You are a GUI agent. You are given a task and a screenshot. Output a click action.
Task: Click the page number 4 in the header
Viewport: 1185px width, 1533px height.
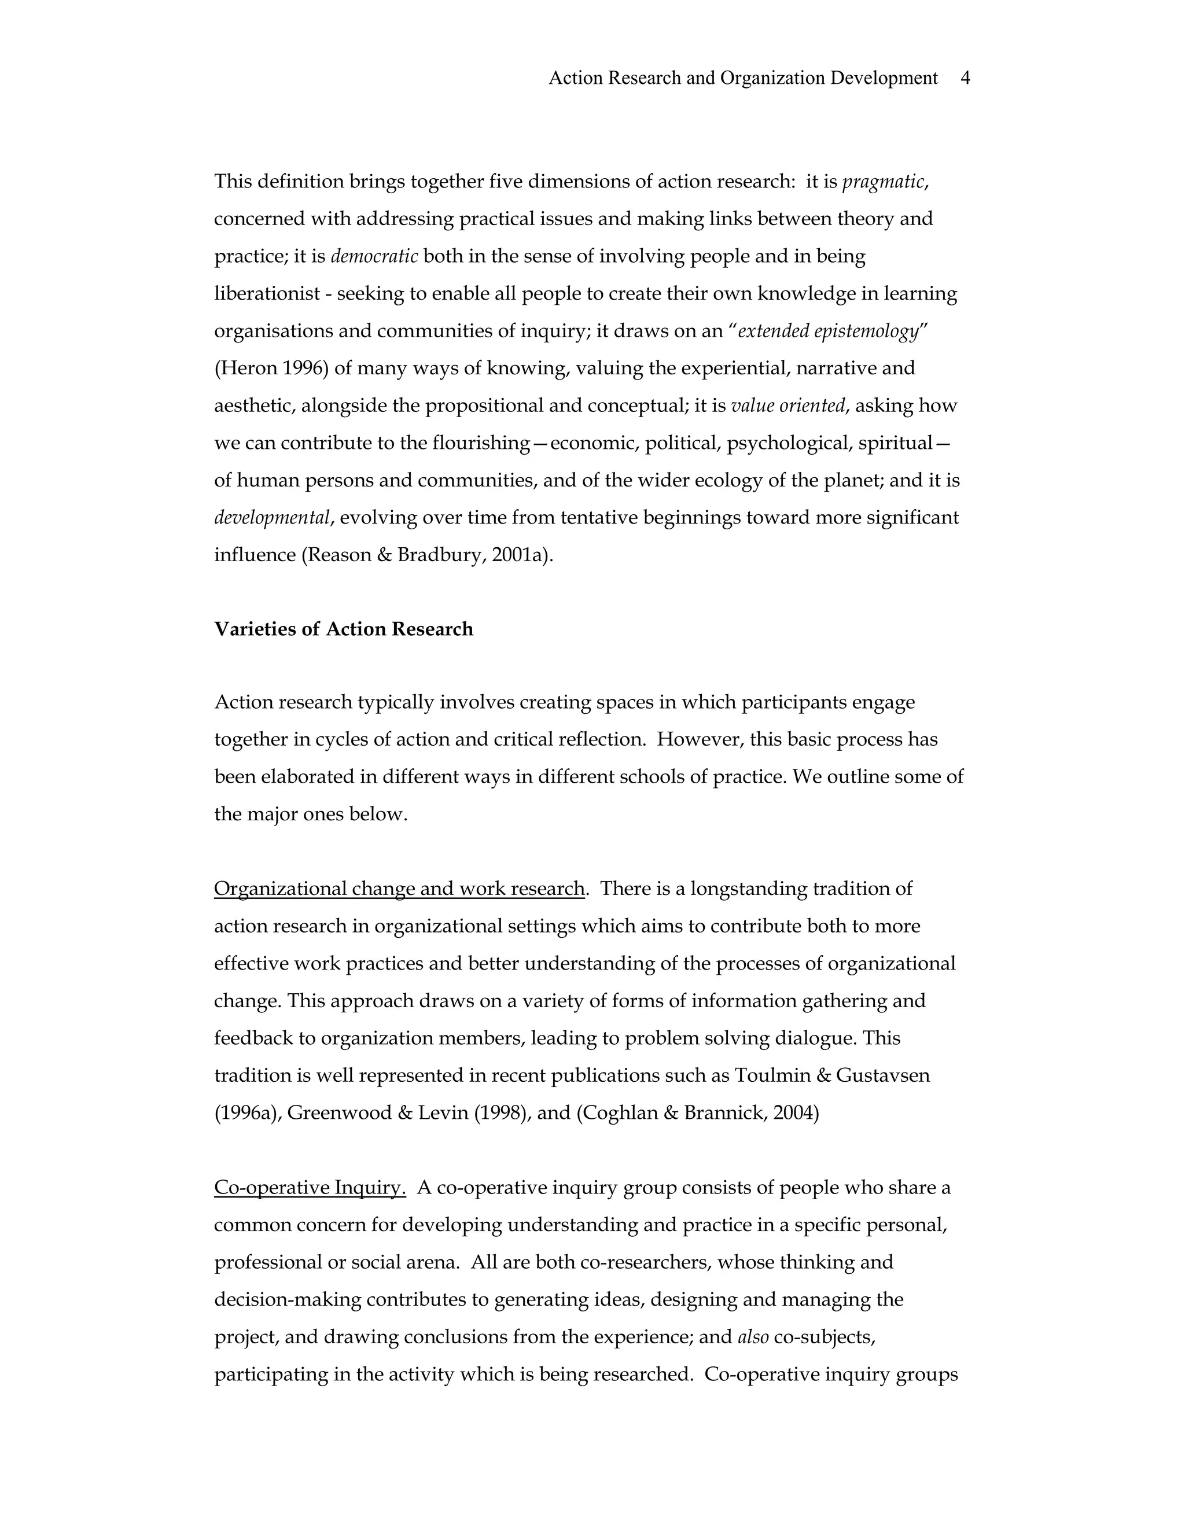(x=965, y=78)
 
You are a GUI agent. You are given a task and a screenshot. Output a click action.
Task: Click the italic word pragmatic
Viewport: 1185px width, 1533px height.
(x=883, y=182)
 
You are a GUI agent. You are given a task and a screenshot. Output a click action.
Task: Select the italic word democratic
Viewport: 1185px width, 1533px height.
(x=374, y=256)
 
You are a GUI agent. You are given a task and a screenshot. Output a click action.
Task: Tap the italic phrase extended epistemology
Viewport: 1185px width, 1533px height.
(x=827, y=331)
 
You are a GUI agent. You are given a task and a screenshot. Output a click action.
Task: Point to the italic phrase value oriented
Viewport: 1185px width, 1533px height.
(x=787, y=406)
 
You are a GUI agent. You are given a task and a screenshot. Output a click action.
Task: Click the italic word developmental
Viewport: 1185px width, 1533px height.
(x=272, y=518)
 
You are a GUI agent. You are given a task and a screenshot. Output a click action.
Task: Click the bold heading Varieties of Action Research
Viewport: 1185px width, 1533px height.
(x=343, y=629)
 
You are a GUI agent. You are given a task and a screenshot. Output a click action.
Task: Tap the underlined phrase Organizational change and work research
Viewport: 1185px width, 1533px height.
(x=399, y=889)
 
